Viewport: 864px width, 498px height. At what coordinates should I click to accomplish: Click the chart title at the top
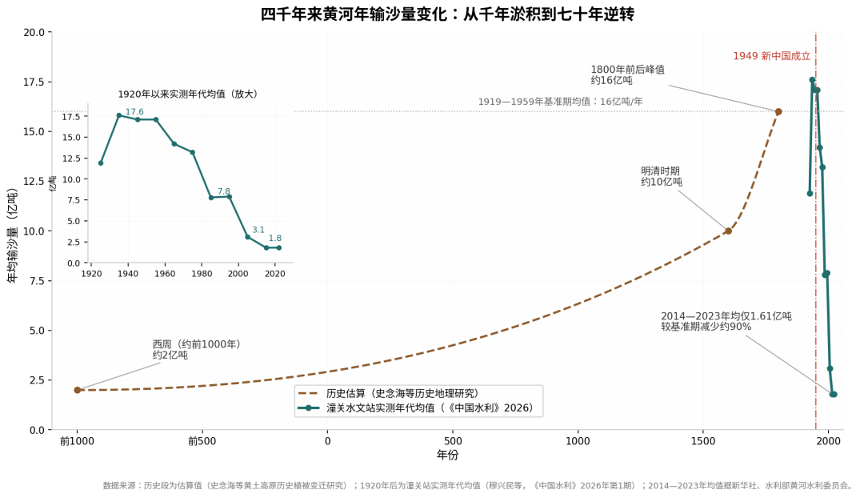(x=447, y=14)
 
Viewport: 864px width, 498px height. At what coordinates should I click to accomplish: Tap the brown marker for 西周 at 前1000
(x=78, y=390)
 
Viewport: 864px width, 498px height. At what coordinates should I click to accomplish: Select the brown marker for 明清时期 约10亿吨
(x=729, y=231)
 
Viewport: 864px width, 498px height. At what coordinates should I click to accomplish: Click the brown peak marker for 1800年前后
(x=778, y=112)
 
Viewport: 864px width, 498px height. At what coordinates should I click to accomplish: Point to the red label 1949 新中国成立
(x=771, y=56)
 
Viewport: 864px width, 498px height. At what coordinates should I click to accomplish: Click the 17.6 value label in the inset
(x=134, y=112)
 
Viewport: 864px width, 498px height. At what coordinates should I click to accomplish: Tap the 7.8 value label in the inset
(x=224, y=191)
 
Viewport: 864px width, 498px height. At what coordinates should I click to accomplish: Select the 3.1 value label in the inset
(x=258, y=230)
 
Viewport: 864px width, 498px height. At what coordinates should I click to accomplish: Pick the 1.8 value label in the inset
(x=275, y=239)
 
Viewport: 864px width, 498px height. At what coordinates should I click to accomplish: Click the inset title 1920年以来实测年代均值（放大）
(x=188, y=94)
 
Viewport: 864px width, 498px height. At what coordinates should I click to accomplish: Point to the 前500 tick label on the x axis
(x=202, y=441)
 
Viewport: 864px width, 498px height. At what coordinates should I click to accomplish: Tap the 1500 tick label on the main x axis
(x=703, y=441)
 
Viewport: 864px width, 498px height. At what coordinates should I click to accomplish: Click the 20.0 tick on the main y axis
(x=34, y=33)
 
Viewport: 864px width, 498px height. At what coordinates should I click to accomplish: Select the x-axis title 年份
(x=447, y=455)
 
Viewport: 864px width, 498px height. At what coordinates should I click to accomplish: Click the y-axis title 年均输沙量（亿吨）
(x=13, y=236)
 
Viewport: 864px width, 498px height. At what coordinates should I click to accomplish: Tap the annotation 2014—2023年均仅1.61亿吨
(x=726, y=316)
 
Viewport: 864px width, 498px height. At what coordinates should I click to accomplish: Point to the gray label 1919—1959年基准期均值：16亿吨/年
(x=560, y=102)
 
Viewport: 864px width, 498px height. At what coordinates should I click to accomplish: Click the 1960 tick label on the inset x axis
(x=165, y=274)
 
